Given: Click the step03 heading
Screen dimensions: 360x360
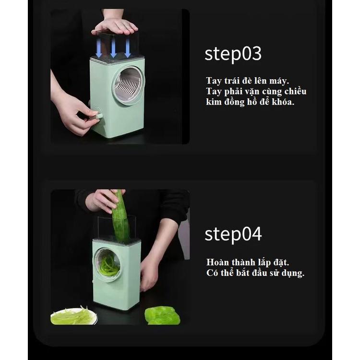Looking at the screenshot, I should click(233, 53).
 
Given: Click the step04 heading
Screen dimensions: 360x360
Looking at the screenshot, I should click(233, 234).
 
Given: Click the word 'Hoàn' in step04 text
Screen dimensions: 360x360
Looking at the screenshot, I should click(217, 263).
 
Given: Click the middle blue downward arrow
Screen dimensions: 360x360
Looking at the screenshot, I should click(113, 48).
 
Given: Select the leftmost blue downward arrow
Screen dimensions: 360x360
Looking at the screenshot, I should click(98, 48).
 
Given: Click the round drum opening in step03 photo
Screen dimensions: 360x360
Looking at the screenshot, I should click(128, 85).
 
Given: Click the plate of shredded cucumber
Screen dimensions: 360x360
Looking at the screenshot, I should click(73, 316).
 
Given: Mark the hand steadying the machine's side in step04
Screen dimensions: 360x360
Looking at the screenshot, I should click(149, 274).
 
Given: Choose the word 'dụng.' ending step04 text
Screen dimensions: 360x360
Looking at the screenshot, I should click(291, 274).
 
